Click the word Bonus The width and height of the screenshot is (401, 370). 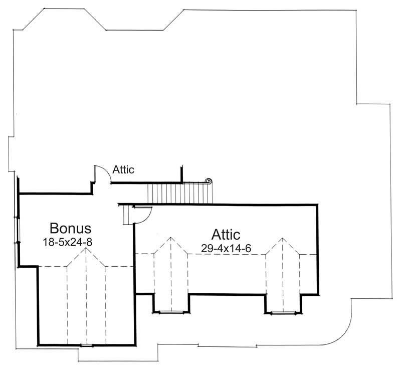(70, 229)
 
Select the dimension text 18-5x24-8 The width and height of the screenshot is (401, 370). (70, 241)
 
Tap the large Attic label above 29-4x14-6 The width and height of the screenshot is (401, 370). (226, 234)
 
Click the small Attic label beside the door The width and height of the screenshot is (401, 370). (123, 170)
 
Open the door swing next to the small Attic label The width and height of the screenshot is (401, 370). (102, 173)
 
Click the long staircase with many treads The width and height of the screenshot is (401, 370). (178, 193)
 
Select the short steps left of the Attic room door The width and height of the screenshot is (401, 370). (127, 216)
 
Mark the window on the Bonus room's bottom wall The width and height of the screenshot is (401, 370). (87, 345)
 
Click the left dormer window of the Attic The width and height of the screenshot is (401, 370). (171, 312)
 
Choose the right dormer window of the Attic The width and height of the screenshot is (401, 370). (283, 312)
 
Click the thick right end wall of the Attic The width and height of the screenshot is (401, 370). (317, 248)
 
